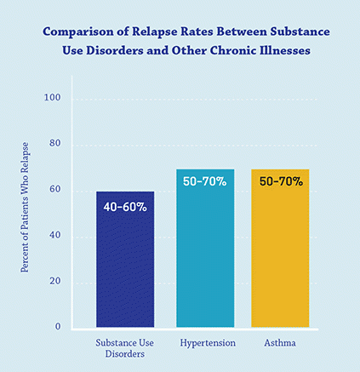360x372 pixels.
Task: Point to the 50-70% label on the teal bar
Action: (x=205, y=182)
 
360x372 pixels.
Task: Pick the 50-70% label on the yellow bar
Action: (x=280, y=181)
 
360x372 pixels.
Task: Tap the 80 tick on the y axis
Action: (x=54, y=143)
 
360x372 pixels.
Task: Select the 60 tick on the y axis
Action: (x=54, y=189)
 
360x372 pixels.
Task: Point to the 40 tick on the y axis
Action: (x=54, y=235)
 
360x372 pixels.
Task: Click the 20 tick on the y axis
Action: (x=54, y=281)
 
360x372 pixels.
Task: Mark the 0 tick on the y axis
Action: (x=58, y=326)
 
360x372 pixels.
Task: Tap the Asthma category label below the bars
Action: (x=280, y=342)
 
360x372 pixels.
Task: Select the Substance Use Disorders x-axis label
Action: (x=124, y=348)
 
